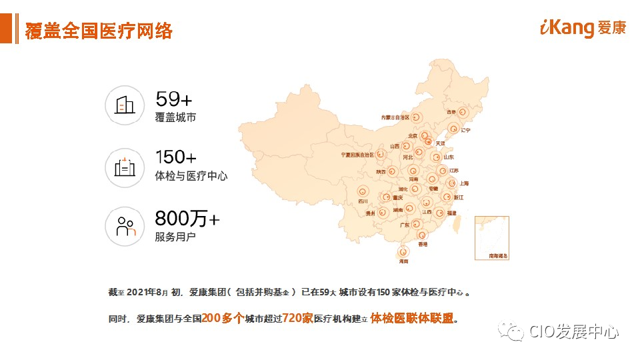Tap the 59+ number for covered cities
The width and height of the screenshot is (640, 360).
173,99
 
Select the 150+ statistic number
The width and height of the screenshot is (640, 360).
175,157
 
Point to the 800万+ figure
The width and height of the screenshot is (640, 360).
187,218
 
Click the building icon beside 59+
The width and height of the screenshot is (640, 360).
125,105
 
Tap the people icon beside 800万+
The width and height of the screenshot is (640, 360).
125,226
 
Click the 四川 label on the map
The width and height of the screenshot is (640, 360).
363,201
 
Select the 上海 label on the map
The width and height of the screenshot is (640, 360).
464,183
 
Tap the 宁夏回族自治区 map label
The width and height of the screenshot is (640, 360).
357,155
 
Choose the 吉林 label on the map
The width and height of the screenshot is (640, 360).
451,112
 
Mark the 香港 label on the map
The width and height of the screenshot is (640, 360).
422,245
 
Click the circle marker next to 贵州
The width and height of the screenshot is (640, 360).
383,212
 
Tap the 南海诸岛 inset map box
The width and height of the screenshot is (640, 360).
492,237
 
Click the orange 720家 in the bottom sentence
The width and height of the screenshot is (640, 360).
297,318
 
